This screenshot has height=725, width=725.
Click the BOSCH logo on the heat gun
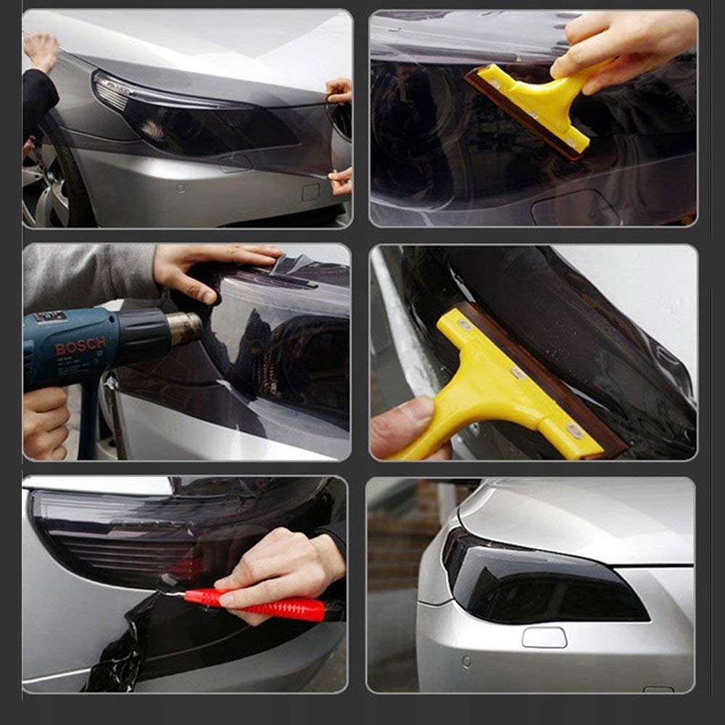coord(80,345)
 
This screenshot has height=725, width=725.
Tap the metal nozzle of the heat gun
coord(185,328)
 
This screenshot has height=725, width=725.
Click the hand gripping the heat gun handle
coord(45,423)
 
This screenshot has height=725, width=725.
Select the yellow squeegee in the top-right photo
coord(536,107)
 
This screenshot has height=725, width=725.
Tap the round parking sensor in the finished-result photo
coord(466,662)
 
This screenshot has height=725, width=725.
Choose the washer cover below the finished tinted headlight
coord(544,637)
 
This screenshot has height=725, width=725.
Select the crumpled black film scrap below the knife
coord(115,647)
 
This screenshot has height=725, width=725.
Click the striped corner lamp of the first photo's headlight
coord(111,91)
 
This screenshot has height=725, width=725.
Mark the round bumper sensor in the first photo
coord(181,188)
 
